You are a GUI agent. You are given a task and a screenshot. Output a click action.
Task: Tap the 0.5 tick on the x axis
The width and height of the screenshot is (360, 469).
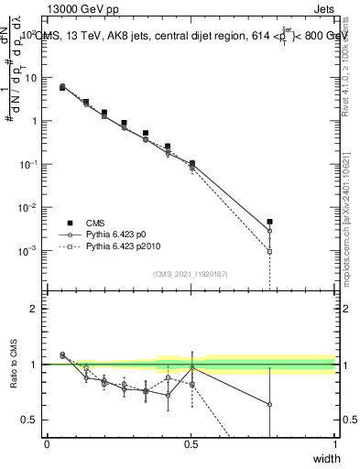tap(191, 444)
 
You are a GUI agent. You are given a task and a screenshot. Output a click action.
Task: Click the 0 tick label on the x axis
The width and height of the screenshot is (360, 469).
tap(47, 444)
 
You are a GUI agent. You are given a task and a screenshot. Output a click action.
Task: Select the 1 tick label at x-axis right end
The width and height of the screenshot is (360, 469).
tap(335, 444)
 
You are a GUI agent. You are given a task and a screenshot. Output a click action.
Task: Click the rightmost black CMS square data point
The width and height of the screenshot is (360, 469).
tap(269, 222)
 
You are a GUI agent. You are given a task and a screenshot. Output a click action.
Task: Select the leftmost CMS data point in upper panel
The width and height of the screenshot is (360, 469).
tap(62, 87)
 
